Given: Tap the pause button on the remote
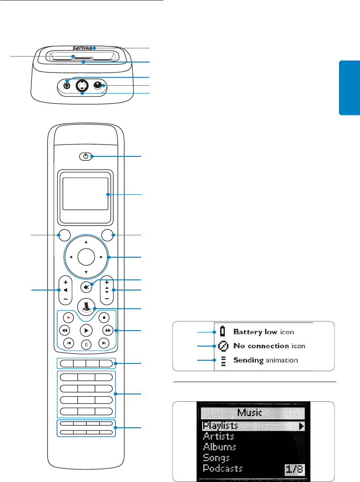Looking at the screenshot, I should pyautogui.click(x=86, y=344).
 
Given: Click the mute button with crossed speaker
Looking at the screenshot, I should pyautogui.click(x=86, y=287).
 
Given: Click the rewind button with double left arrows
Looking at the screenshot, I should pyautogui.click(x=65, y=330).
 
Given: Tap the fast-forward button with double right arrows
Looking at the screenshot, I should pyautogui.click(x=107, y=330).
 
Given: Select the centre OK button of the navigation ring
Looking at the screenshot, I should pyautogui.click(x=86, y=257).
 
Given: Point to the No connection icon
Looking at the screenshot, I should pyautogui.click(x=223, y=346).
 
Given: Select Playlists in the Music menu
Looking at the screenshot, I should pyautogui.click(x=221, y=426).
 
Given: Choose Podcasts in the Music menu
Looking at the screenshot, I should pyautogui.click(x=223, y=469).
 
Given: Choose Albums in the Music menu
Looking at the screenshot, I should pyautogui.click(x=220, y=447).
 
